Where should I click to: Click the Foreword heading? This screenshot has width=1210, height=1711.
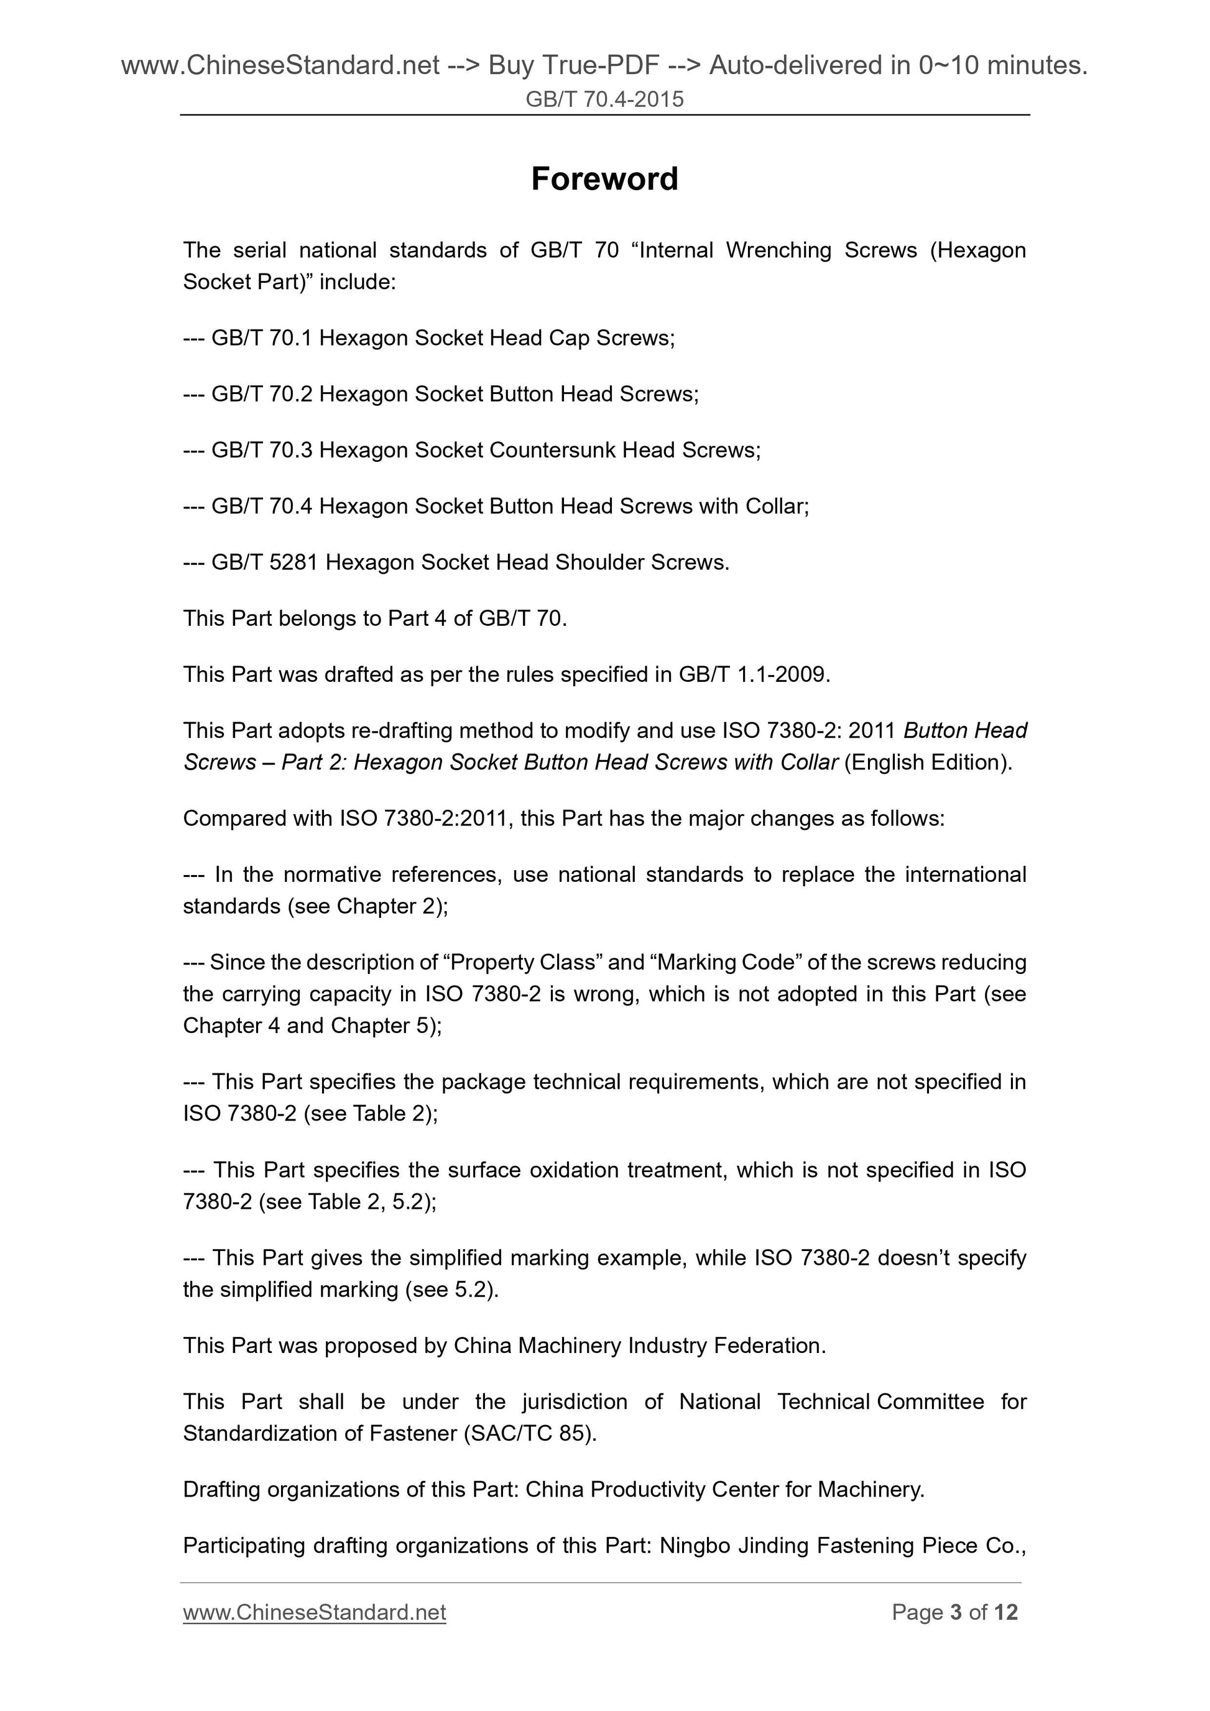604,180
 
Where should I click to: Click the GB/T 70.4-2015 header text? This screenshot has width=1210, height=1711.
604,99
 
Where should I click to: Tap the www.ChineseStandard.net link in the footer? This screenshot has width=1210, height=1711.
314,1612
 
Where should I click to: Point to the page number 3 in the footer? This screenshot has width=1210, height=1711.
956,1612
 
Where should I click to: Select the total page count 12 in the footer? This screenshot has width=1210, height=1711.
1005,1612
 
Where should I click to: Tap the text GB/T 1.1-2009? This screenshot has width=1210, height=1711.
753,674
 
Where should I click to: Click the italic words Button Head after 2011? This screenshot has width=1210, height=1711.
965,730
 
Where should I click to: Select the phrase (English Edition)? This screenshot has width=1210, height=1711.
928,763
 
